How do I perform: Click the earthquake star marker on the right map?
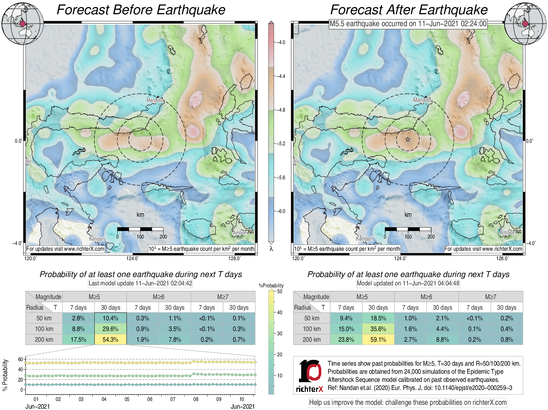[x=408, y=140]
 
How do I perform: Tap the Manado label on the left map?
[x=154, y=100]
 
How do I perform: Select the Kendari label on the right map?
[x=365, y=238]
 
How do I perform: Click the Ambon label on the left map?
[x=240, y=233]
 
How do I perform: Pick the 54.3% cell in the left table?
[x=110, y=339]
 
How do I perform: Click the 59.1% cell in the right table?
[x=378, y=339]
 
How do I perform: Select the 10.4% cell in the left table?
[x=110, y=318]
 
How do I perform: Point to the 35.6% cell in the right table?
[x=378, y=329]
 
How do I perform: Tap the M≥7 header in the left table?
[x=223, y=297]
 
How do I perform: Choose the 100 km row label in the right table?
[x=312, y=329]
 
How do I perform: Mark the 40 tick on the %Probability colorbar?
[x=280, y=312]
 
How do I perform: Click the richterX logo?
[x=310, y=375]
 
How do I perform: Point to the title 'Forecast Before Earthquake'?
[x=141, y=10]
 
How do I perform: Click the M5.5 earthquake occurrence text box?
[x=408, y=24]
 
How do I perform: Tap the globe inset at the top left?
[x=22, y=23]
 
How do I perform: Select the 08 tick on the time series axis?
[x=196, y=399]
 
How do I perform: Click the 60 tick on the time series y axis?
[x=20, y=359]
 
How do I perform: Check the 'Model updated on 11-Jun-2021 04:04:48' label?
[x=408, y=283]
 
